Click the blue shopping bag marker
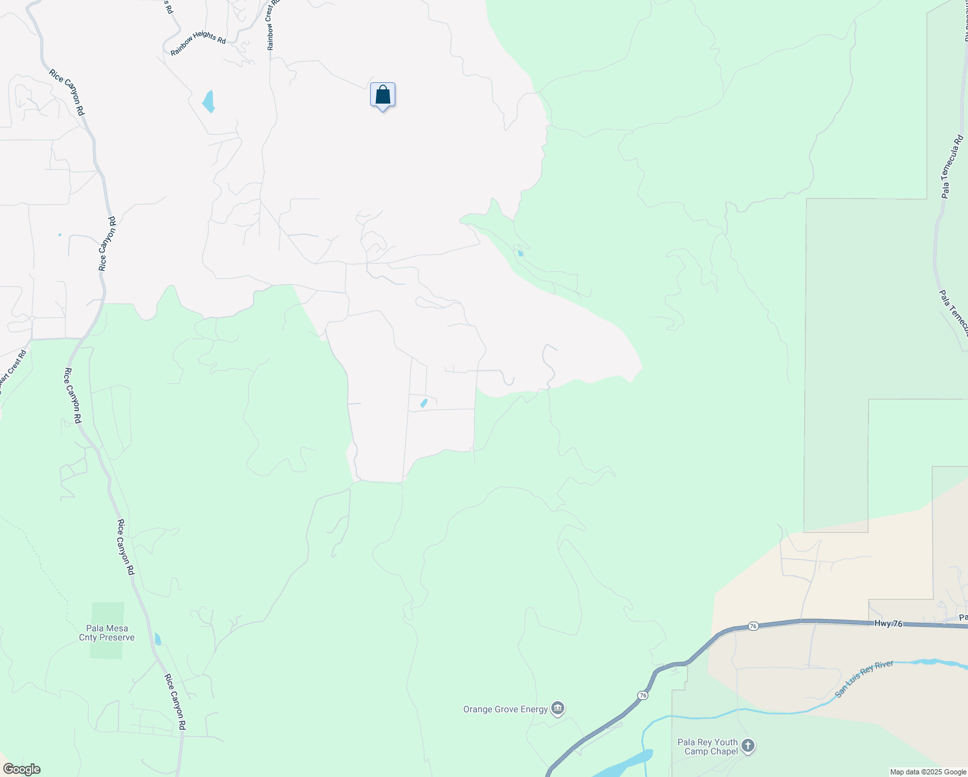[382, 95]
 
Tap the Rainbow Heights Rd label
[198, 43]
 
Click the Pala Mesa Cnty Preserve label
[107, 633]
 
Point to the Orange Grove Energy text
[505, 709]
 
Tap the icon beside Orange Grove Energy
[558, 708]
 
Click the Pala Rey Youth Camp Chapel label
[707, 747]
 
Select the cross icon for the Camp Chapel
[748, 746]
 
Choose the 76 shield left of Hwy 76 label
[753, 626]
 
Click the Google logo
[21, 769]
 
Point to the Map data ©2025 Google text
[928, 772]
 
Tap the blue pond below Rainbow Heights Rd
[208, 102]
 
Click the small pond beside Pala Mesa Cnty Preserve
[158, 639]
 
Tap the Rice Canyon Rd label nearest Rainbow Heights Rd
[67, 93]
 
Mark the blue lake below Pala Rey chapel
[624, 764]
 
